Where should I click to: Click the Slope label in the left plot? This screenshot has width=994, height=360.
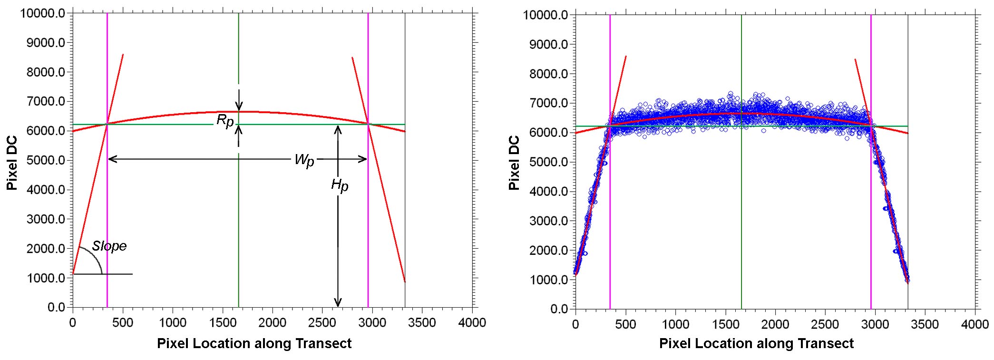[109, 246]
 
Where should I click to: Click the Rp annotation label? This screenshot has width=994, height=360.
[225, 120]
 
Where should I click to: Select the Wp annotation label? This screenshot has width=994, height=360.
[304, 160]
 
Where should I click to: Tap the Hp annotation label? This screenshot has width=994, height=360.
[340, 185]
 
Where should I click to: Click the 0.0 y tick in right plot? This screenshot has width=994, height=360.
[559, 309]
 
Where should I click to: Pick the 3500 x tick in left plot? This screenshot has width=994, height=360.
[422, 322]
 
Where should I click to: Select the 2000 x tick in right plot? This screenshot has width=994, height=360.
[775, 324]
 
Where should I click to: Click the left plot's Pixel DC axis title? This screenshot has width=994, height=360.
[12, 163]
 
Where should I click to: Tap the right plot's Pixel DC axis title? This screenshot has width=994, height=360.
[514, 163]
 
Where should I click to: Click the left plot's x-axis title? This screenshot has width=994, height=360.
[254, 343]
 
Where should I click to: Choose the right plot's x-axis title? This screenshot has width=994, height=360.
[756, 343]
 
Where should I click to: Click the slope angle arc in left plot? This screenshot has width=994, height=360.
[95, 257]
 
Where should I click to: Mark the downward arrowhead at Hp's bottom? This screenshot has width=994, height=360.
[338, 302]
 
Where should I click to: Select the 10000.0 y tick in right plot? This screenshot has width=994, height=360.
[546, 15]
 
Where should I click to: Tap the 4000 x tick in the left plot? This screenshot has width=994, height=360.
[472, 322]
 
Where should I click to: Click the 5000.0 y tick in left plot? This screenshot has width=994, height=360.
[46, 160]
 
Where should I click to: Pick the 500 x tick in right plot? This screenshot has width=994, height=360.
[625, 324]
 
